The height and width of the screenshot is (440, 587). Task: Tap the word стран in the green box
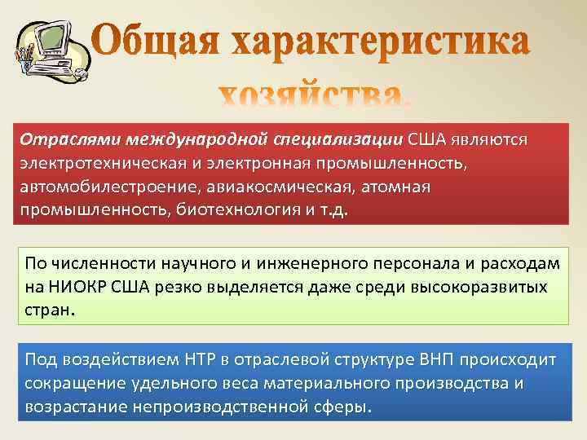pyautogui.click(x=48, y=310)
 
